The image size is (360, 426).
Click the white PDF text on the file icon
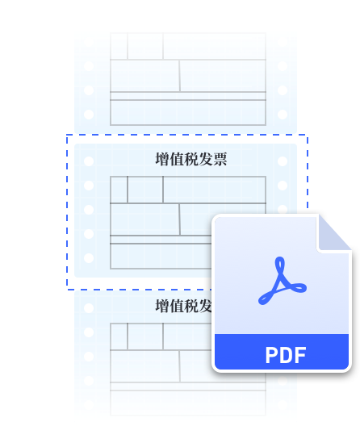[286, 355]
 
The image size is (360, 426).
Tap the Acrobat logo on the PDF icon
[283, 281]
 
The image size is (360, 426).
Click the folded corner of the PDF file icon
[334, 233]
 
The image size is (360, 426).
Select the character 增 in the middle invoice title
[162, 159]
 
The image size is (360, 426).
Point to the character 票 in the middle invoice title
[220, 159]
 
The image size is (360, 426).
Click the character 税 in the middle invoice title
[191, 159]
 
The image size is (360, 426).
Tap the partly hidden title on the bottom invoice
[183, 306]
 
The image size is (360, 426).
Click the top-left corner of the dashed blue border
[67, 135]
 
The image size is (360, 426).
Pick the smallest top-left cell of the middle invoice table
[119, 190]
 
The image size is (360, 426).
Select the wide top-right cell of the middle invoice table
[215, 190]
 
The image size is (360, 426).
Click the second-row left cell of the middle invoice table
[145, 219]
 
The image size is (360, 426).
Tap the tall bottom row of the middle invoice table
[161, 257]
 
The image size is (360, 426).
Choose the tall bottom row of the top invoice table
[188, 112]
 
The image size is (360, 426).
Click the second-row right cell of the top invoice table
[223, 76]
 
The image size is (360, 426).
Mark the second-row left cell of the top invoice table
[145, 76]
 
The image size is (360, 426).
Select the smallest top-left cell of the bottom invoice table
[119, 336]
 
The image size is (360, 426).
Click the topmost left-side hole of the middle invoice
[89, 161]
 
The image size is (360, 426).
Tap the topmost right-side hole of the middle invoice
[283, 161]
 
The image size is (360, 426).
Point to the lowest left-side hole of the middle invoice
[89, 258]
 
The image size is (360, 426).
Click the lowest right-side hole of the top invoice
[283, 115]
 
